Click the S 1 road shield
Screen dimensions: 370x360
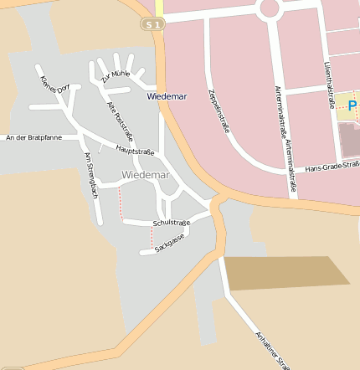point(151,25)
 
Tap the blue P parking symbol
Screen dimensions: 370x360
point(352,105)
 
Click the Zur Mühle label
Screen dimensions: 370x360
point(115,76)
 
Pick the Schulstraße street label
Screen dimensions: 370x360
point(172,223)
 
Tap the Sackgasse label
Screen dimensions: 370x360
point(169,244)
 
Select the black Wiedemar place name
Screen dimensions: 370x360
point(167,96)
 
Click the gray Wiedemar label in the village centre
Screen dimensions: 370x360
point(145,175)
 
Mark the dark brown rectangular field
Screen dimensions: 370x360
point(285,273)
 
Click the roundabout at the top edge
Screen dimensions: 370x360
point(270,8)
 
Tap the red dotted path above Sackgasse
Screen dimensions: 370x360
point(152,238)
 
